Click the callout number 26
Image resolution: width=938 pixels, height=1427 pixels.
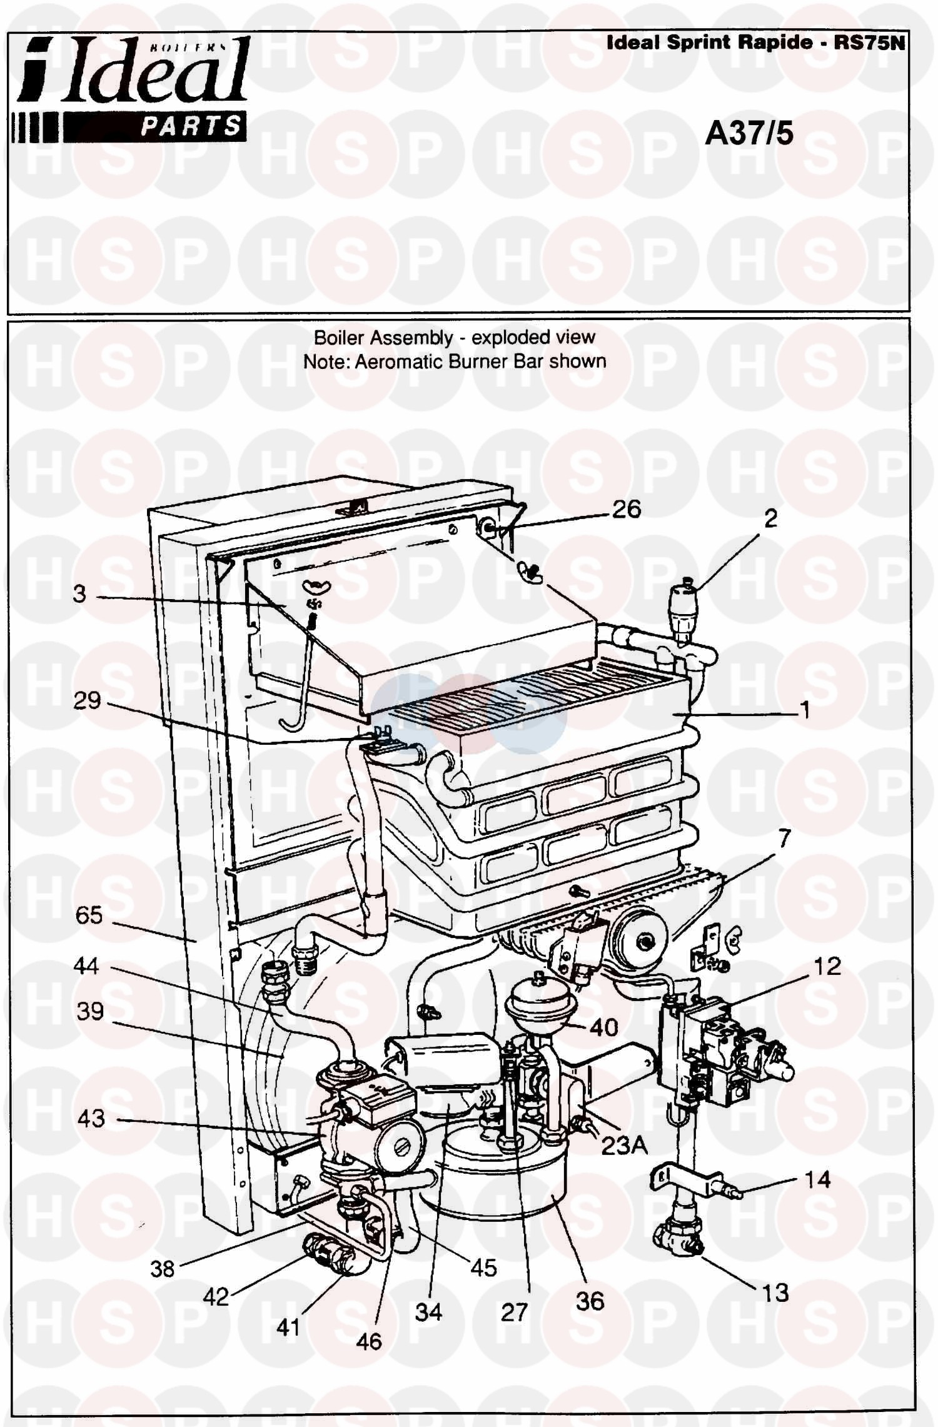627,509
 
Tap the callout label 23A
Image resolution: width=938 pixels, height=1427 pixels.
624,1146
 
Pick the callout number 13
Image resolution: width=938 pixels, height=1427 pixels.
775,1292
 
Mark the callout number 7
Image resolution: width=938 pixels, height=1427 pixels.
784,837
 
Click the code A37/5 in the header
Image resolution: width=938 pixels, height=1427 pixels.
749,133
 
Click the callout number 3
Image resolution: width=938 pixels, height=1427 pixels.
79,593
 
